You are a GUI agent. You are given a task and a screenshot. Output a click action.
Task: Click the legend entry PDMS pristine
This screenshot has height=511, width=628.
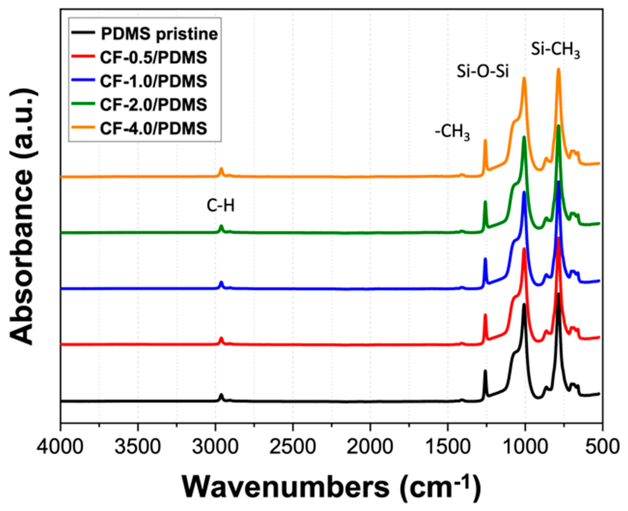tap(159, 35)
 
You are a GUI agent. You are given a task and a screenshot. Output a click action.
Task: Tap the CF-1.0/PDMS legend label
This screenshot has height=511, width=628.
tap(153, 81)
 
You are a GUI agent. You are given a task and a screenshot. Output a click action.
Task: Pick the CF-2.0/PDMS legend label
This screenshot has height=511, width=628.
tap(153, 105)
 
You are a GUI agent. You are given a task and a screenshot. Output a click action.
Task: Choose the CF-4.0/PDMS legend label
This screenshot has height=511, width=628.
tap(153, 128)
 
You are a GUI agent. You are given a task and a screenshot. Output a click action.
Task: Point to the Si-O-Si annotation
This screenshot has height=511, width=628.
tap(482, 72)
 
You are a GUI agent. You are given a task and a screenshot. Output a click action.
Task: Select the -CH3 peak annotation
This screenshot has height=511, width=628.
tap(452, 133)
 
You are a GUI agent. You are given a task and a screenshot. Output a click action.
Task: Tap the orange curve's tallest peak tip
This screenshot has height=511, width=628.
tap(558, 69)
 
